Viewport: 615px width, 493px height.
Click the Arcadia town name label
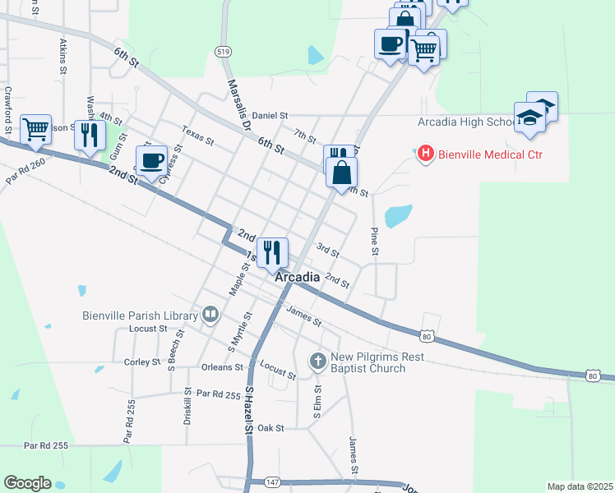click(297, 278)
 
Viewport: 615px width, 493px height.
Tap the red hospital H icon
click(426, 154)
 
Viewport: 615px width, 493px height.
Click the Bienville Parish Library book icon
click(211, 315)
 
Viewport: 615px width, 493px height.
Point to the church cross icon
click(318, 361)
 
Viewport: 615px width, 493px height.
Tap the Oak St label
click(270, 428)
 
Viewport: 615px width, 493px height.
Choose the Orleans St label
click(222, 367)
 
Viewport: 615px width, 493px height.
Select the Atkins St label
click(63, 55)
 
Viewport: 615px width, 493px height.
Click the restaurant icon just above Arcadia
click(273, 251)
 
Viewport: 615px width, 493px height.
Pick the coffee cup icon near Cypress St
click(153, 160)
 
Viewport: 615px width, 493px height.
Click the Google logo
click(27, 483)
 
